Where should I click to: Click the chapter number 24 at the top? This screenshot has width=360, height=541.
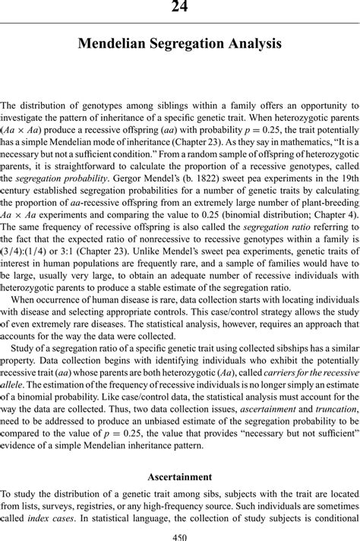coord(180,7)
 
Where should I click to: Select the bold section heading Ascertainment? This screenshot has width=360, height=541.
coord(180,476)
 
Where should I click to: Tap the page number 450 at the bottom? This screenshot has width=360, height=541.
coord(180,536)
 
